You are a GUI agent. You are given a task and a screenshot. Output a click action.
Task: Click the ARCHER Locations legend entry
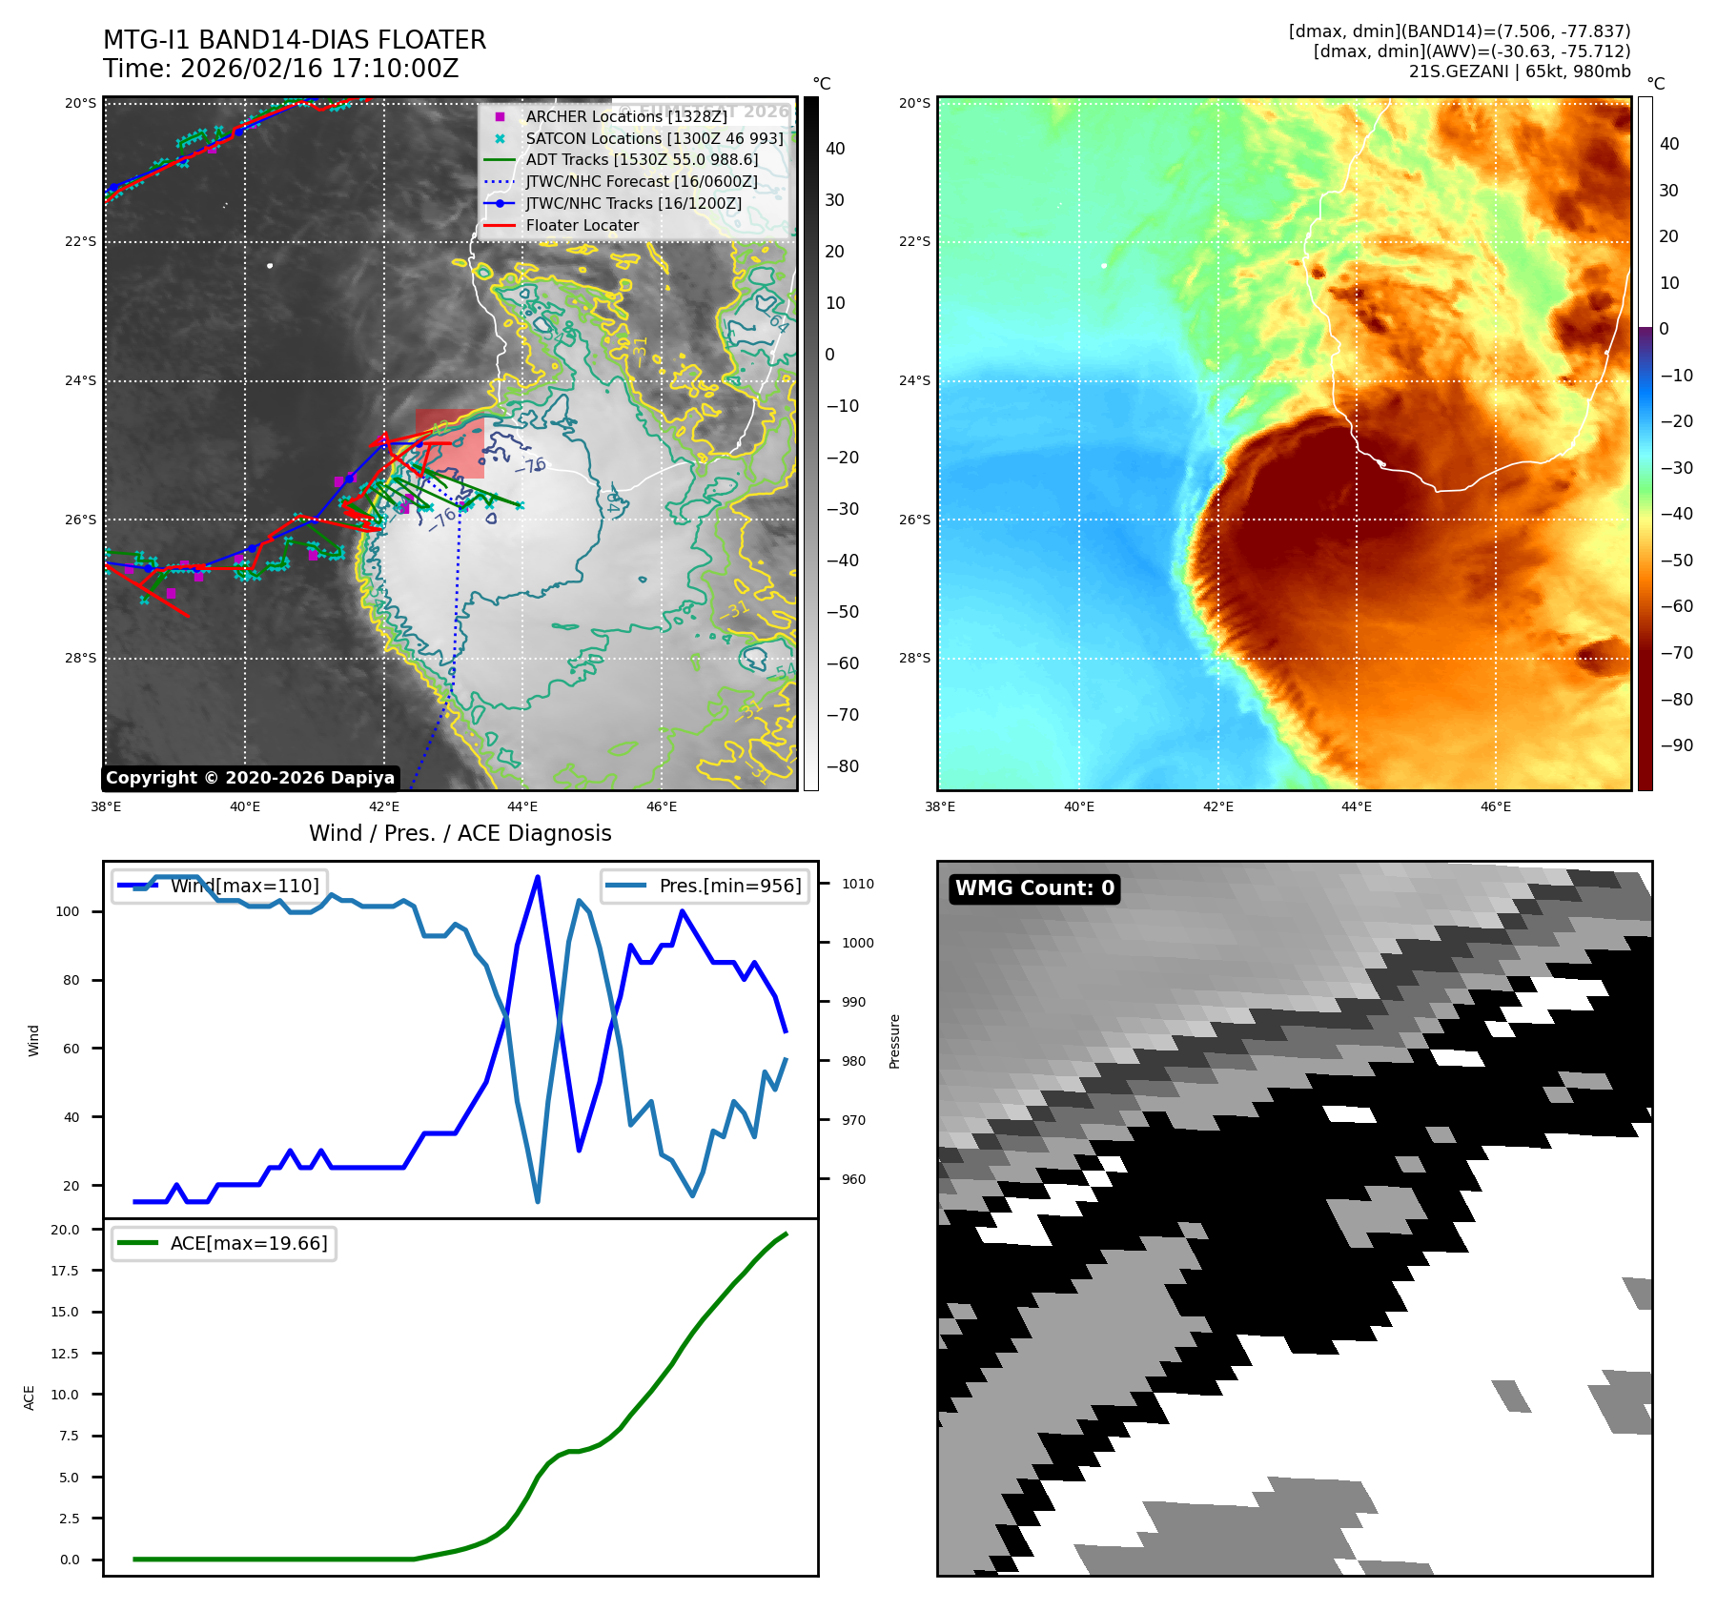click(x=625, y=116)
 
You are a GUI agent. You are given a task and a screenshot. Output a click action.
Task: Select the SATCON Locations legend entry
click(x=654, y=138)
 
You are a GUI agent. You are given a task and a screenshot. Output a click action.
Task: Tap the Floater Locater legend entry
click(x=582, y=225)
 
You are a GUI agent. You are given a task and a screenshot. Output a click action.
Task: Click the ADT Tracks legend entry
click(x=642, y=160)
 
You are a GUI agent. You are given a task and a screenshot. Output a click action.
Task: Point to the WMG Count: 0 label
click(x=1034, y=888)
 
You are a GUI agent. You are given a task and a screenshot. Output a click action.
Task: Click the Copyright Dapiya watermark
click(x=250, y=778)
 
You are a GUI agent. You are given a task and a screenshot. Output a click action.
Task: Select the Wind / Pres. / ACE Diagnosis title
click(x=460, y=833)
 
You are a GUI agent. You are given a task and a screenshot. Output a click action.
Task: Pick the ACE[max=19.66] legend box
click(x=225, y=1243)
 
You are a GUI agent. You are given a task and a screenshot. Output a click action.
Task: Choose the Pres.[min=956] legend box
click(x=705, y=886)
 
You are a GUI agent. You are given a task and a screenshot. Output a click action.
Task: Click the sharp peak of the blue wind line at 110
click(x=538, y=877)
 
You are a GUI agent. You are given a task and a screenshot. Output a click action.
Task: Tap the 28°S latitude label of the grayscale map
click(x=80, y=658)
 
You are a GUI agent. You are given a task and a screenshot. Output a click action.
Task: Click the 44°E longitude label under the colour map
click(x=1356, y=806)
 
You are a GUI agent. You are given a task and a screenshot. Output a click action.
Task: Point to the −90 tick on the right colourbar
click(x=1676, y=745)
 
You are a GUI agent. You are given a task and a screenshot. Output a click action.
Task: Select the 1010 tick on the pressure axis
click(x=857, y=884)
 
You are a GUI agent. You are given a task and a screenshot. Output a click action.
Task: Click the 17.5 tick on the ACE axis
click(x=65, y=1271)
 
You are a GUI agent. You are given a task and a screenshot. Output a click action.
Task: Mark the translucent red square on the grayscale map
click(x=450, y=444)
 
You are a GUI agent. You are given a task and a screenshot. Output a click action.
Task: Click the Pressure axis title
click(x=894, y=1041)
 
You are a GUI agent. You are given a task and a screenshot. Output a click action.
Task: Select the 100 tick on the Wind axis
click(x=67, y=911)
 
